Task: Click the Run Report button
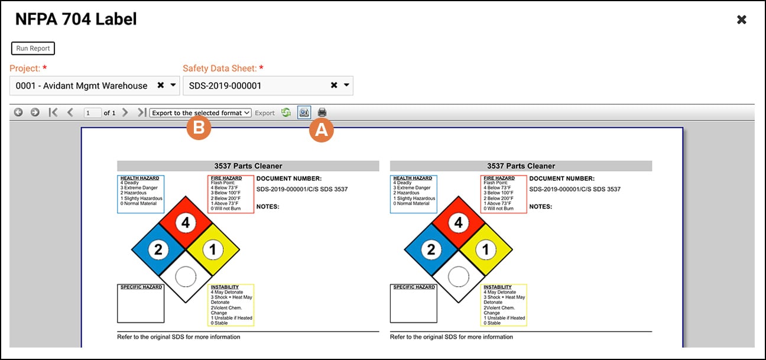point(33,48)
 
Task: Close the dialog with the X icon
point(742,20)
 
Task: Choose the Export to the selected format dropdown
point(200,112)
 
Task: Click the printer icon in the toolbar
point(322,112)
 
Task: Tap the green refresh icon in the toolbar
point(286,112)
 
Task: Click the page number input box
point(92,112)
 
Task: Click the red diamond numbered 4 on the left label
point(186,223)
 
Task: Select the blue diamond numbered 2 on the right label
point(431,249)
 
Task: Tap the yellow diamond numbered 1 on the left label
point(213,249)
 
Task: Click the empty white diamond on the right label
point(458,276)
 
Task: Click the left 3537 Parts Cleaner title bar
point(248,166)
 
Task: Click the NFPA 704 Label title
point(76,20)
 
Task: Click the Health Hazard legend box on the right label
point(413,194)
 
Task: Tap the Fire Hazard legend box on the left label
point(231,194)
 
